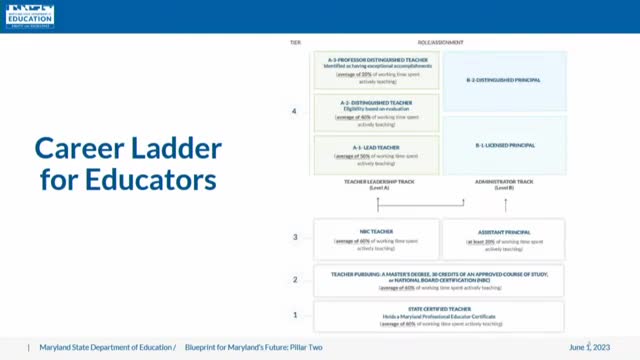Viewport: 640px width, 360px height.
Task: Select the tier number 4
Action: click(x=294, y=110)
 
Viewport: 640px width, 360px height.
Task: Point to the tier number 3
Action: click(x=294, y=237)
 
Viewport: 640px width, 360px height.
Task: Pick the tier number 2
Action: click(x=294, y=280)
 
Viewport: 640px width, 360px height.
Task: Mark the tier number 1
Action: click(x=294, y=315)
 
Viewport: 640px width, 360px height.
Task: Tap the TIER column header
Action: click(x=294, y=43)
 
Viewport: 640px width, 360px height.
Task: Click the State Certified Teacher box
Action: click(x=438, y=316)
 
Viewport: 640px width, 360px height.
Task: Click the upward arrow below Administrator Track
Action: click(x=506, y=204)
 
